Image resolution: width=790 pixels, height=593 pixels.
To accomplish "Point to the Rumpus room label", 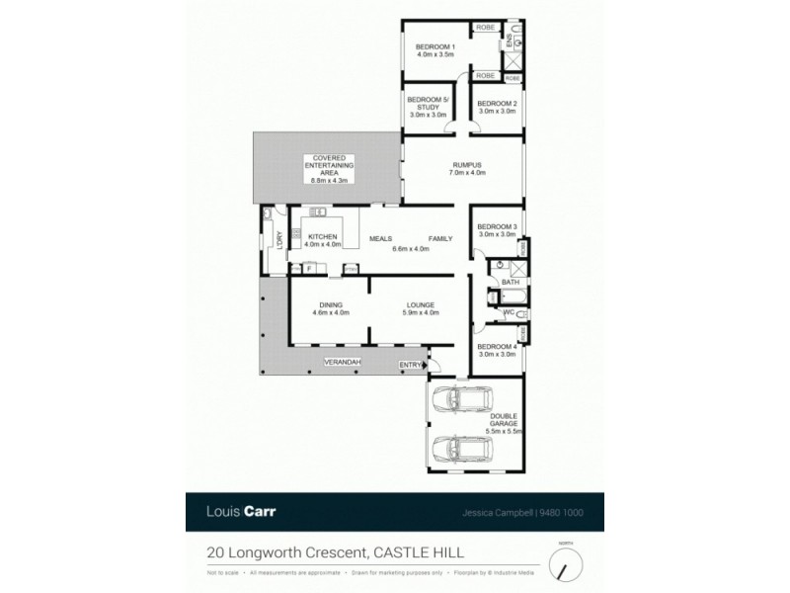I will (466, 165).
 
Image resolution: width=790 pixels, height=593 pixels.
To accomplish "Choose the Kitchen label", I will (323, 237).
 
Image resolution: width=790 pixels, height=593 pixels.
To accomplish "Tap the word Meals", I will (381, 238).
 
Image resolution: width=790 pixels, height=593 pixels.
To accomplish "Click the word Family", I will (440, 238).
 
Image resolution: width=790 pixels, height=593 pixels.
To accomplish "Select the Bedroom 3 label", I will (498, 229).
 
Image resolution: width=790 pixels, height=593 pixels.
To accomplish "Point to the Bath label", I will (510, 283).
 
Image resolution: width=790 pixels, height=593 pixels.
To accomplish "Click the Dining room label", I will (330, 305).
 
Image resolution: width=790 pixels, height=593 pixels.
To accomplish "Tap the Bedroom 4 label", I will (497, 347).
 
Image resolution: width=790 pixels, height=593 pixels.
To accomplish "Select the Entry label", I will (409, 366).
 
